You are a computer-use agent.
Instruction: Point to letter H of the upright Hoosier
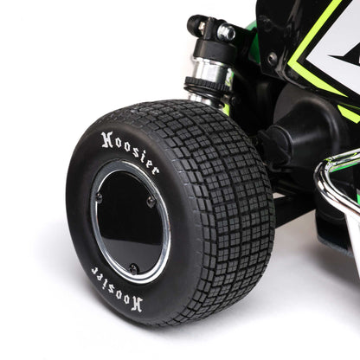coord(107,139)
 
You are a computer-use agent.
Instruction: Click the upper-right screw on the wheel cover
coord(151,202)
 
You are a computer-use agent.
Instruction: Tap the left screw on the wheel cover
coord(98,197)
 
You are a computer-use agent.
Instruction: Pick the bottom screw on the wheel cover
coord(133,268)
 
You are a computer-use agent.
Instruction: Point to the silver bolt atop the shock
coord(227,33)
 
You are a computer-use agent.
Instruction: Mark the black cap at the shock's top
coord(198,25)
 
